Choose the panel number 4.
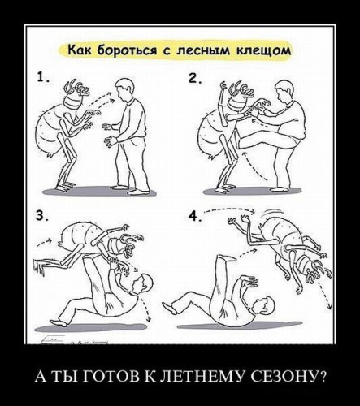(193, 217)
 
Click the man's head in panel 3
(142, 283)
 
